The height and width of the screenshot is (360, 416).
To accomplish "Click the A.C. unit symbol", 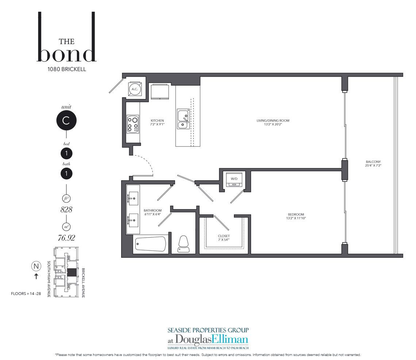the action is pyautogui.click(x=135, y=89).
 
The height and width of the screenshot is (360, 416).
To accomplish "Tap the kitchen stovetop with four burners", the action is pyautogui.click(x=133, y=124).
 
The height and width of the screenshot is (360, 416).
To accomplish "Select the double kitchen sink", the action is pyautogui.click(x=183, y=119).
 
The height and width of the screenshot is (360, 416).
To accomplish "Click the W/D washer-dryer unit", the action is pyautogui.click(x=234, y=180).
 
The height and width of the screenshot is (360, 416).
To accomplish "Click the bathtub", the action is pyautogui.click(x=150, y=244).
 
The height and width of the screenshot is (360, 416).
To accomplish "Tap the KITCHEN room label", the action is pyautogui.click(x=157, y=120).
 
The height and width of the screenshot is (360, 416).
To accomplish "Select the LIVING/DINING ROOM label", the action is pyautogui.click(x=273, y=120).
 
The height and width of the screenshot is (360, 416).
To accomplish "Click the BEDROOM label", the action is pyautogui.click(x=296, y=215).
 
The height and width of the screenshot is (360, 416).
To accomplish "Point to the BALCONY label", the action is pyautogui.click(x=373, y=162).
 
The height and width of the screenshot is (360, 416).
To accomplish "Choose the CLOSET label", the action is pyautogui.click(x=224, y=236).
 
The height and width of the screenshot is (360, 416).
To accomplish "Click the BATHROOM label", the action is pyautogui.click(x=153, y=211).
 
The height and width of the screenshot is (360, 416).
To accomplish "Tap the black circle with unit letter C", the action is pyautogui.click(x=66, y=120).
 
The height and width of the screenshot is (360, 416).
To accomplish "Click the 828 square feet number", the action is pyautogui.click(x=66, y=210).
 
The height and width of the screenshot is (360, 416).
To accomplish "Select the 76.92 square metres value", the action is pyautogui.click(x=66, y=238).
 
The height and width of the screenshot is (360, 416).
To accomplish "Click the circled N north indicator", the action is pyautogui.click(x=36, y=266).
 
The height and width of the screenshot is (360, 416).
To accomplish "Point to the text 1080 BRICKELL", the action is pyautogui.click(x=66, y=69).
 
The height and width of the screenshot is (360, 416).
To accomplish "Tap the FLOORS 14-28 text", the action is pyautogui.click(x=26, y=294).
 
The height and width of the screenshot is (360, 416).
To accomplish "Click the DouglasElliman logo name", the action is pyautogui.click(x=208, y=340).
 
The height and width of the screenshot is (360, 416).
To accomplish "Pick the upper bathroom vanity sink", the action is pyautogui.click(x=134, y=198).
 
